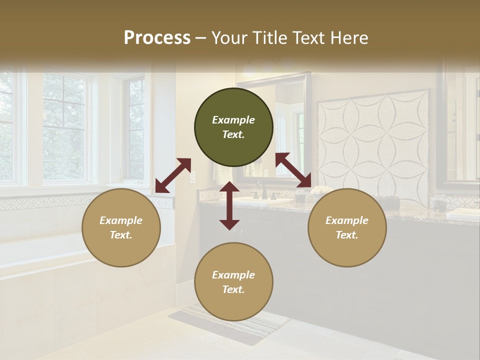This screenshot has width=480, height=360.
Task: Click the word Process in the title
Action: click(x=157, y=38)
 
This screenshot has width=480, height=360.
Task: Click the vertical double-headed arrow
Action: click(x=229, y=205)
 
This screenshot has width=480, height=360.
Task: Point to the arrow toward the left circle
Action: click(x=173, y=175)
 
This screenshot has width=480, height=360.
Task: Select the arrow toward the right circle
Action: click(x=293, y=170)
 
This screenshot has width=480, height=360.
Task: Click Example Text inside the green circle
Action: click(x=233, y=127)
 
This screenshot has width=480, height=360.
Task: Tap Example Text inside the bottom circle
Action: click(x=233, y=282)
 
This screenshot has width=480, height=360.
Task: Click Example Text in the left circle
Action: click(x=121, y=227)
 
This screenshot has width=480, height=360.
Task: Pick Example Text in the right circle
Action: click(x=347, y=227)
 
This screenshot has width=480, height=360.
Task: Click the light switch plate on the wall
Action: click(x=192, y=176)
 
